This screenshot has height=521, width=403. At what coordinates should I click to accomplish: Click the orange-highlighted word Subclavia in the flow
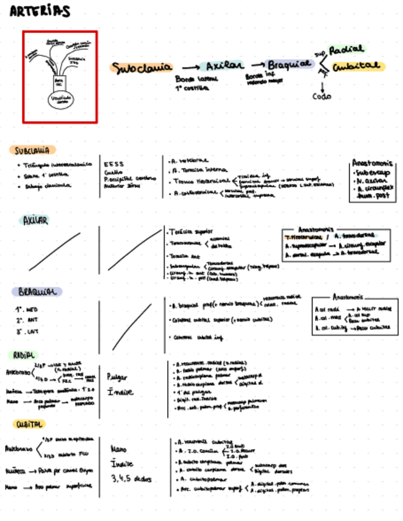point(141,68)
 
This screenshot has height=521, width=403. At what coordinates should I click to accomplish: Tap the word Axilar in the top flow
point(225,66)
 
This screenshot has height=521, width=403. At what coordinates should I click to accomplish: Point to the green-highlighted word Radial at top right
point(346,50)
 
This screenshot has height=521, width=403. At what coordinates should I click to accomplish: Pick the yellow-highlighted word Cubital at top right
point(358,66)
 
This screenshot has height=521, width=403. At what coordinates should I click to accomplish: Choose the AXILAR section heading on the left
point(35,220)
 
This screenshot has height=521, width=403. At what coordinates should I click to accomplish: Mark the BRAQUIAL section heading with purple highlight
point(36,291)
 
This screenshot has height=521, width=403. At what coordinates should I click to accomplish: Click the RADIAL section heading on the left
point(24,355)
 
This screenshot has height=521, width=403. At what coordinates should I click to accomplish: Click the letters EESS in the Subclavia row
point(114,164)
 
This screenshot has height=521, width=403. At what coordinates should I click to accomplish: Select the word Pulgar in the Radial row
point(117,377)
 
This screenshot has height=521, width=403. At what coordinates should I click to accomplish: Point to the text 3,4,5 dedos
point(131,479)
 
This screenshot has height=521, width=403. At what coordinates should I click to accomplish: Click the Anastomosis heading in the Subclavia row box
point(372,163)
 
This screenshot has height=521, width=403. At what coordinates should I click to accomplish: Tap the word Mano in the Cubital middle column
point(119,449)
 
